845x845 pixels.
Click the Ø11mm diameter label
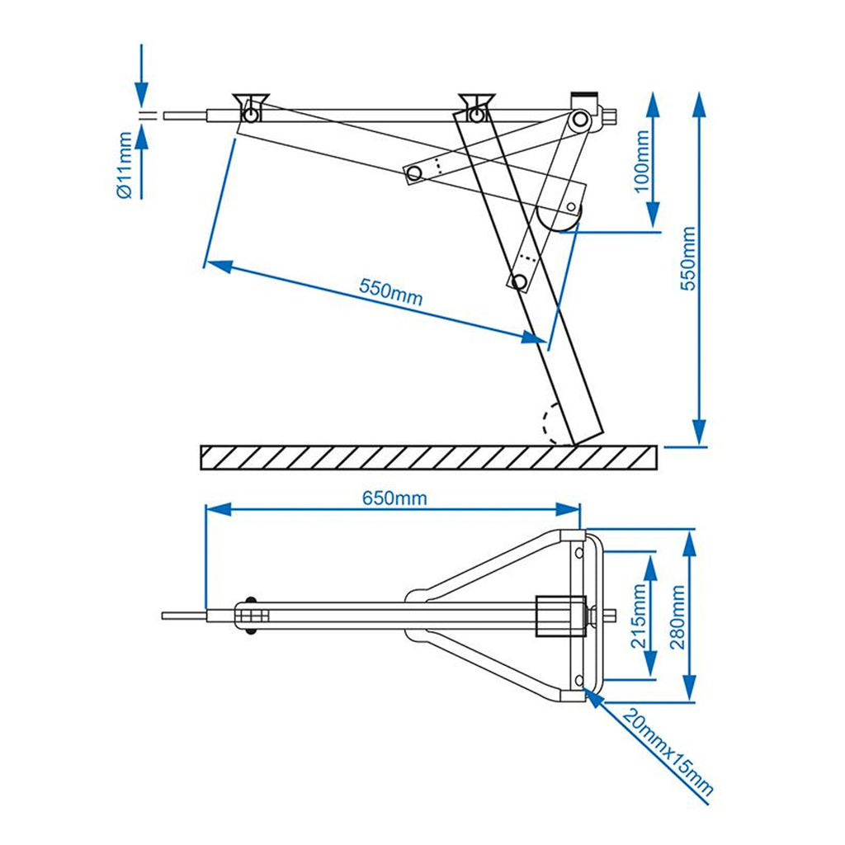(125, 165)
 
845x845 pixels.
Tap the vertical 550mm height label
(687, 258)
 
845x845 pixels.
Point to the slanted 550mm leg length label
(390, 292)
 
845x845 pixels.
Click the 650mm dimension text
(394, 498)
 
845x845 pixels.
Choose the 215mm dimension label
(639, 616)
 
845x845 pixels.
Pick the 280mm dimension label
(677, 617)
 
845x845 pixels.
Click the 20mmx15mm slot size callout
(668, 753)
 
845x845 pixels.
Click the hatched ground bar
(428, 457)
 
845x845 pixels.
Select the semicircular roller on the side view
(558, 219)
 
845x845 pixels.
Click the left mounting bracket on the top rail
(251, 108)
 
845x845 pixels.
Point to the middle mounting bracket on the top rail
(476, 107)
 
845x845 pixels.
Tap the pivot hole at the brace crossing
(414, 173)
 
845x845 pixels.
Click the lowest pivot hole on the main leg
(520, 281)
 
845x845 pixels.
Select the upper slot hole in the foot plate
(579, 553)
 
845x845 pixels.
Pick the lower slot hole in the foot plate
(579, 681)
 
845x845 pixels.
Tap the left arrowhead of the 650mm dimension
(218, 509)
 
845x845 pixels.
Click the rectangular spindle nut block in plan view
(560, 616)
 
